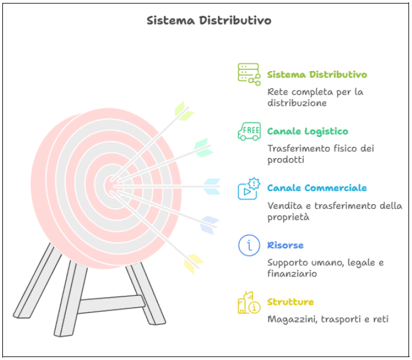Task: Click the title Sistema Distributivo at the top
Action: (x=209, y=21)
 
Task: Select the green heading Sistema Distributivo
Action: (x=317, y=75)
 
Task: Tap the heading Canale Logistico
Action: (x=307, y=131)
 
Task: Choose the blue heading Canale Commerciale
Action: (x=317, y=188)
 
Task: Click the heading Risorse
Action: (x=285, y=245)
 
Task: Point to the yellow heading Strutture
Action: (x=290, y=302)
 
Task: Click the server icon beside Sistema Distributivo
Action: (x=249, y=75)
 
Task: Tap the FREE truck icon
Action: (x=249, y=131)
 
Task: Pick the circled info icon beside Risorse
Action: (x=249, y=245)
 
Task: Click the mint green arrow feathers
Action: (x=203, y=148)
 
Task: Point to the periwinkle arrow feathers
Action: (x=209, y=225)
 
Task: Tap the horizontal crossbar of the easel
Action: (x=112, y=305)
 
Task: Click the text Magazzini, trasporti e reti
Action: (x=327, y=319)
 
